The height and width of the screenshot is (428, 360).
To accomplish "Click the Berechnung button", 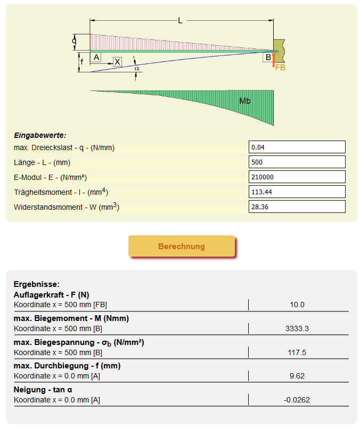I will click(181, 246).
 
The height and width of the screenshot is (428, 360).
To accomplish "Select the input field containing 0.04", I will click(297, 147).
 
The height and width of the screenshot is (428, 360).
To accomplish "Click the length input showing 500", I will click(297, 162).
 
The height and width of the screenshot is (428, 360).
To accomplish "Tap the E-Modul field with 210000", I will click(297, 177).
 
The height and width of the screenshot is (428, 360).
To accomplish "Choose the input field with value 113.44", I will click(297, 192).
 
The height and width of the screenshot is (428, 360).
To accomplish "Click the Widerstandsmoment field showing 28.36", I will click(297, 207).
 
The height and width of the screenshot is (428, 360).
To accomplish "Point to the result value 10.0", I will click(297, 304).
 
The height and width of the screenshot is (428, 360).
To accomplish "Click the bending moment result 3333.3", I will click(297, 328).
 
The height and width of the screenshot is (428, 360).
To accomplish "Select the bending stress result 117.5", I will click(297, 352).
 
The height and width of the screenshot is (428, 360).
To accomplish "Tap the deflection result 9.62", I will click(297, 376).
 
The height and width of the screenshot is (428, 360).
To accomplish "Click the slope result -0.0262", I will click(297, 400).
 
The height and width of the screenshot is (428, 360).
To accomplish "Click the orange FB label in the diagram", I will click(280, 68).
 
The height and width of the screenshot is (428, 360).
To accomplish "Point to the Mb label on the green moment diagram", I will click(245, 100).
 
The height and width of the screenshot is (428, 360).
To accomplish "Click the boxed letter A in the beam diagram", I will click(96, 57).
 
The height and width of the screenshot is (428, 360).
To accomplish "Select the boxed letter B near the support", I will click(268, 57).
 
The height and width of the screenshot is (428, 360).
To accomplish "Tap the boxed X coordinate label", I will click(117, 62).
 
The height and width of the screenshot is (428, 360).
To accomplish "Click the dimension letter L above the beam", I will click(181, 21).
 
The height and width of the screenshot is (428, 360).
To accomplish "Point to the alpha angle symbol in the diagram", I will click(136, 68).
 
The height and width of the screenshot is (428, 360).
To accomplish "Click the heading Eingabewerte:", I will click(40, 136).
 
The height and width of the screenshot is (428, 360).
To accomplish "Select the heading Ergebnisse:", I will click(36, 284).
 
